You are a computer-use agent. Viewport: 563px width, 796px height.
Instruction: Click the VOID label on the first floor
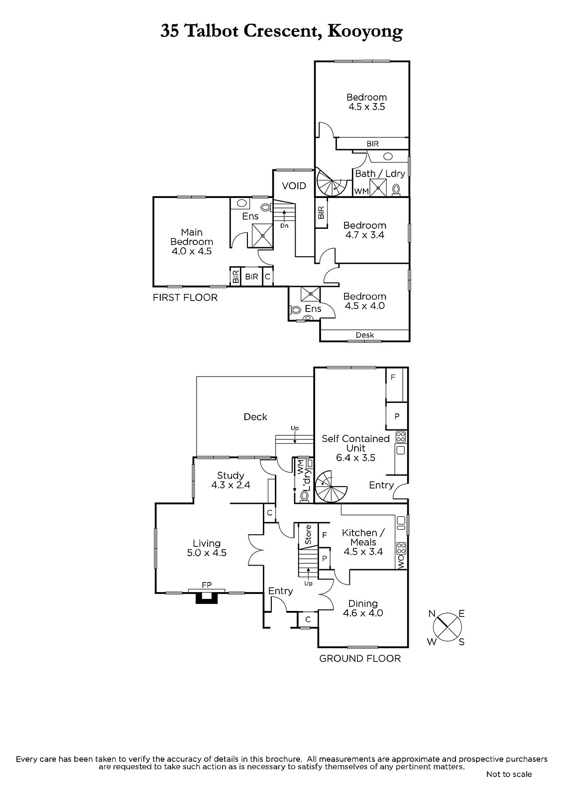tap(294, 186)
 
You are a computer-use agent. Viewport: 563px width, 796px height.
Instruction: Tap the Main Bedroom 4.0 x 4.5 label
tap(192, 242)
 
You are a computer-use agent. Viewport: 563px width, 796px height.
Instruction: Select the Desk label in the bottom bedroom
tap(365, 335)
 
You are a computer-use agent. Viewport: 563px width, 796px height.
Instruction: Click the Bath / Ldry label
tap(380, 174)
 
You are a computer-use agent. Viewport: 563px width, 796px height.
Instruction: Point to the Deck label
tap(255, 416)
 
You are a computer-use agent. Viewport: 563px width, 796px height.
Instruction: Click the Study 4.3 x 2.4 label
tap(231, 480)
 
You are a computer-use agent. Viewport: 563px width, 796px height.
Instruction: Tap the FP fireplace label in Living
tap(207, 585)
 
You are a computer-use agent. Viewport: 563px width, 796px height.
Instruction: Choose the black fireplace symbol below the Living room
tap(207, 597)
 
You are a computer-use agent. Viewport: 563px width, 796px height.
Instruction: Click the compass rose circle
tap(448, 627)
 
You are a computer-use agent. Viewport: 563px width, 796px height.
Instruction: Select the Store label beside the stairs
tap(308, 535)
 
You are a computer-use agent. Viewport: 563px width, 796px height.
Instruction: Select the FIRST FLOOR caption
tap(185, 298)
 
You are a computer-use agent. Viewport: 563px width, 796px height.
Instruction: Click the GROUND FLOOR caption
tap(360, 659)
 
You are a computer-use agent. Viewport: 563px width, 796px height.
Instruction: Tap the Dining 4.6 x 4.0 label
tap(363, 608)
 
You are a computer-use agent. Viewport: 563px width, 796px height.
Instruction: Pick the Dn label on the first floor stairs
tap(284, 226)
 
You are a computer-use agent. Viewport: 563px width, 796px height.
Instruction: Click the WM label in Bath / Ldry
tap(361, 191)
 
